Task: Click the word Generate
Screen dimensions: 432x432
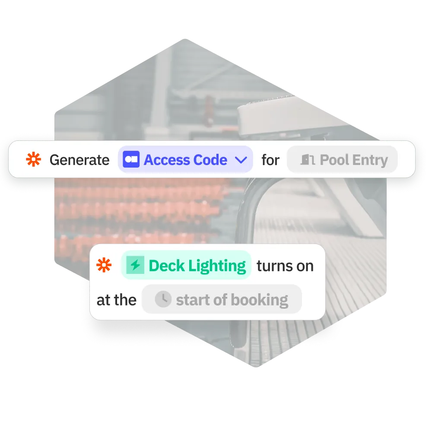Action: click(x=79, y=160)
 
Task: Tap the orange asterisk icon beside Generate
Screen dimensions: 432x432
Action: click(x=33, y=159)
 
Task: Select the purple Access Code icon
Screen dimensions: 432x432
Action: click(x=131, y=159)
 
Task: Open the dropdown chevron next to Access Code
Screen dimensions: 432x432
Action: click(x=240, y=160)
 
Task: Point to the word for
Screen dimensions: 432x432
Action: click(x=270, y=160)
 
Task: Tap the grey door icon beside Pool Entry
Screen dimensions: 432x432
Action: click(x=307, y=160)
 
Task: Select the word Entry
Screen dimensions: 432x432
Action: click(x=369, y=160)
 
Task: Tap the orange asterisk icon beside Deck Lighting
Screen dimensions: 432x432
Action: click(x=104, y=265)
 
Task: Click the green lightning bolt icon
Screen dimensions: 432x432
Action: click(x=135, y=265)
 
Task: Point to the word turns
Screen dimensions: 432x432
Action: click(x=275, y=266)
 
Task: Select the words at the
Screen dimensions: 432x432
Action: click(x=117, y=300)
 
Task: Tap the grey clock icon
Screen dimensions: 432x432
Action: click(x=163, y=299)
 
